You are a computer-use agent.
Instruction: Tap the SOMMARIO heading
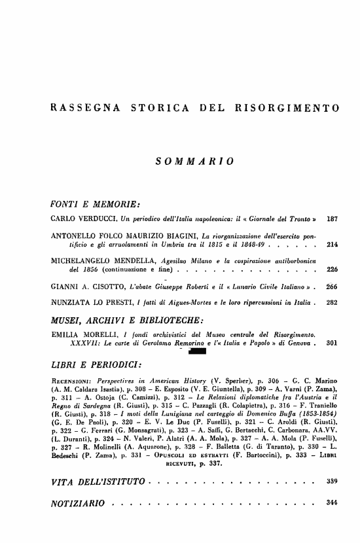(194, 160)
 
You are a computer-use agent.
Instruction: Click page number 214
(331, 244)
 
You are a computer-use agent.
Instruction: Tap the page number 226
(331, 269)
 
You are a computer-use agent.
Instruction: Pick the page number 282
(331, 303)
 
